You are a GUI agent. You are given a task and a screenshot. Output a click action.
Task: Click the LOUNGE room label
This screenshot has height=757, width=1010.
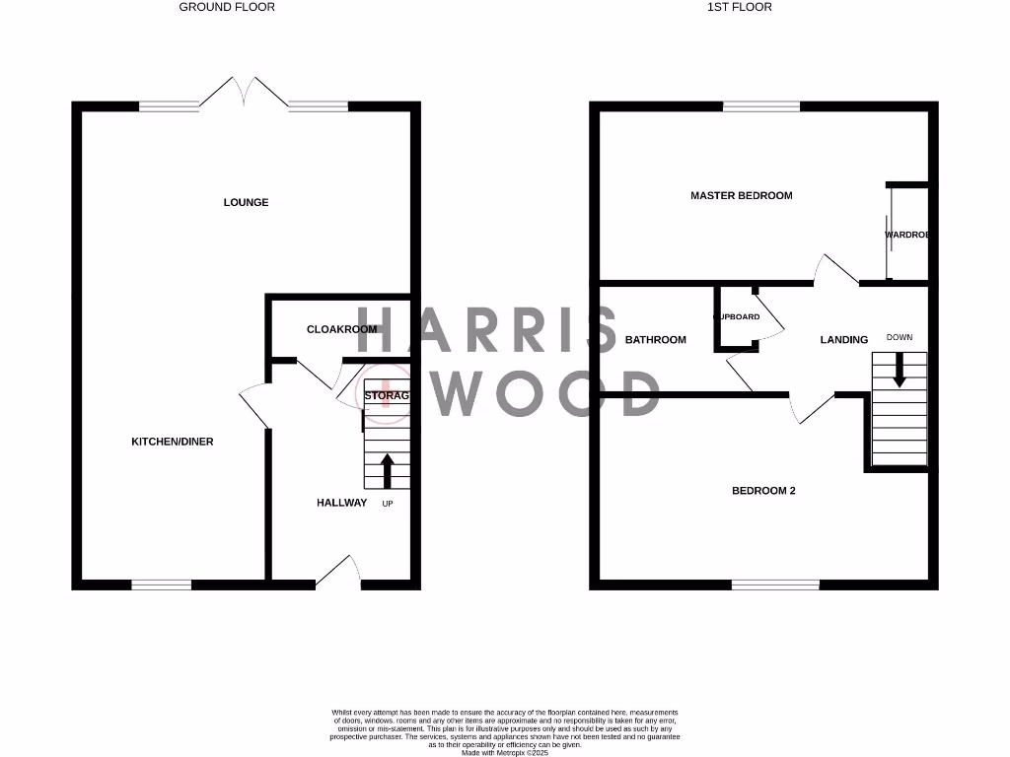point(246,202)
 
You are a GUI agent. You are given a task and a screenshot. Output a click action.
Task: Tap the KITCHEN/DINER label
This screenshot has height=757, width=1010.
point(173,442)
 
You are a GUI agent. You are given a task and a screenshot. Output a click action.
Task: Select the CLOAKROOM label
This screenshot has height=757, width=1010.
point(341,329)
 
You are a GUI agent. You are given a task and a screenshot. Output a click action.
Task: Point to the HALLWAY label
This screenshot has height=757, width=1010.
point(341,503)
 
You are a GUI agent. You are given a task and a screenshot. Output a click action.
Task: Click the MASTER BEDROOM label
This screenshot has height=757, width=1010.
point(741,195)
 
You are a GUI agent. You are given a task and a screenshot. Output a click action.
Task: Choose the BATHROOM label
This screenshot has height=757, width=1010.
point(655,340)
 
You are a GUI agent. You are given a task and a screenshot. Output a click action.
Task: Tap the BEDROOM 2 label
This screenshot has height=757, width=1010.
point(762,491)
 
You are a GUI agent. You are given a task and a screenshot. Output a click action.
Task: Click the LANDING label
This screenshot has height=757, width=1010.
point(844,340)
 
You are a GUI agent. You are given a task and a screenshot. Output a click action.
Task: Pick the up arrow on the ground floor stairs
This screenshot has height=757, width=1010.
point(387,470)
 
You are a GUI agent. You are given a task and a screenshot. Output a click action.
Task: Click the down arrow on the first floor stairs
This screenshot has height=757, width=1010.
point(899,370)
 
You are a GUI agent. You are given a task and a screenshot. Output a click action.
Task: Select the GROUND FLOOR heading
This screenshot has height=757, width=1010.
point(227,7)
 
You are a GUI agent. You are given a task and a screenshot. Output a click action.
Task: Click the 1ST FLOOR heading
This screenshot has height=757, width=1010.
point(740,7)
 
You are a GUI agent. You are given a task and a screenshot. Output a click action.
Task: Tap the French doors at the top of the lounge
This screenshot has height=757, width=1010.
point(244,93)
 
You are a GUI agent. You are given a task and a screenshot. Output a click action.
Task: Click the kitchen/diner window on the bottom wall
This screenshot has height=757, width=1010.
point(162,585)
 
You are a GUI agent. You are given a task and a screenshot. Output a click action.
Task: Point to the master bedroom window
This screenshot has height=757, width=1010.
point(761,106)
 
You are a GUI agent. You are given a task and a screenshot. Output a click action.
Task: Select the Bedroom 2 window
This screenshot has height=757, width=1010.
point(775,585)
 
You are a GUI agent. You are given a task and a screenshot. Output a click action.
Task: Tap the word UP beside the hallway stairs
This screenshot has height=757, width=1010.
point(388,504)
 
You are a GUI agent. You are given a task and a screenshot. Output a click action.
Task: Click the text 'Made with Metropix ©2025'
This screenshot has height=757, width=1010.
point(505,753)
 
